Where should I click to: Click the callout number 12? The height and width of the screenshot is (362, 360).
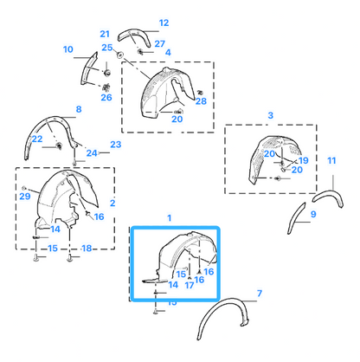[x=164, y=23]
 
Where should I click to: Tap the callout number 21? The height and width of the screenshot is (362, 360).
[x=105, y=34]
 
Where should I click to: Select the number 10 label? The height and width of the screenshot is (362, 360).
[x=68, y=49]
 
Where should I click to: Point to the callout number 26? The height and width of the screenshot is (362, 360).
[x=106, y=98]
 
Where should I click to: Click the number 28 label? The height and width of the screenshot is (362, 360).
[x=201, y=101]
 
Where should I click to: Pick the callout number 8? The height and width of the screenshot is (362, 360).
[x=79, y=109]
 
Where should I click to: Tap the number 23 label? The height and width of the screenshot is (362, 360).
[x=116, y=145]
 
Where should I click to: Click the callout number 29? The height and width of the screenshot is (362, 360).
[x=25, y=197]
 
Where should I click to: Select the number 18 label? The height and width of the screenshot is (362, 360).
[x=87, y=249]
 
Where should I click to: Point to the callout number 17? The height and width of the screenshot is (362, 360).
[x=190, y=286]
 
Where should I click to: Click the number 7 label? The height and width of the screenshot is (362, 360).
[x=260, y=294]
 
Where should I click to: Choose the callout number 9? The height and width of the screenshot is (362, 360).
[x=313, y=214]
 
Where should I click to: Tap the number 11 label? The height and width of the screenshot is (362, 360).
[x=331, y=161]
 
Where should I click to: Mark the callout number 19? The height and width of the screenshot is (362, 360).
[x=304, y=160]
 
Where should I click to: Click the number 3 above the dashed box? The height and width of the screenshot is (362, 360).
[x=270, y=115]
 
